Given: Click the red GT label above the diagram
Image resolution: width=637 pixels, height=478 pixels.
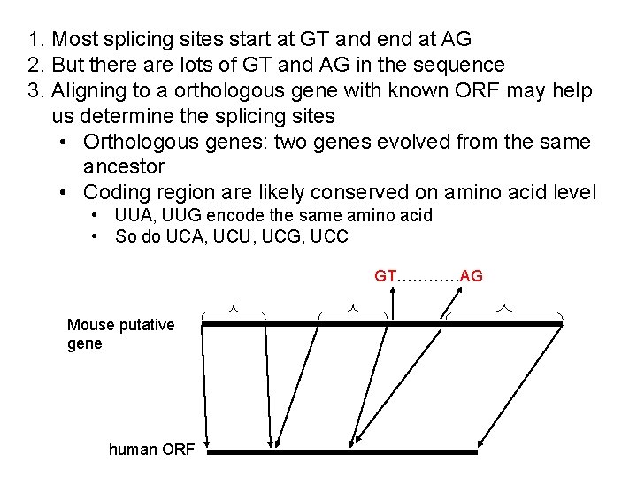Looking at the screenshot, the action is (x=386, y=276).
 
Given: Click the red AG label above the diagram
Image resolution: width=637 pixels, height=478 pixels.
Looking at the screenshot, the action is (x=472, y=276).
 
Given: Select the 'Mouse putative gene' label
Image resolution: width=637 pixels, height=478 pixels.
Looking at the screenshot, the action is (x=120, y=334).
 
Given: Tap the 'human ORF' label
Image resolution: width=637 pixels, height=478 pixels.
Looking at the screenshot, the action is (x=151, y=450).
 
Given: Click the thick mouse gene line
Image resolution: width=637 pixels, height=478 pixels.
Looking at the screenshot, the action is (x=381, y=324).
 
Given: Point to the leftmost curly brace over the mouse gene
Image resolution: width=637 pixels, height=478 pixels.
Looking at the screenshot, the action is (x=234, y=311).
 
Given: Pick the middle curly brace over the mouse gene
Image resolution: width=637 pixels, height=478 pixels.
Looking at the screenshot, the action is (x=352, y=311).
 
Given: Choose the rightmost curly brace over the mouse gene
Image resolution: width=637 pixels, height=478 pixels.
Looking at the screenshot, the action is (x=504, y=311).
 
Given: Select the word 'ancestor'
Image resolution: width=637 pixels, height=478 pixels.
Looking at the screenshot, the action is (x=124, y=166).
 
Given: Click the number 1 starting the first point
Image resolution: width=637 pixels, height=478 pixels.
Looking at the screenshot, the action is (x=34, y=39).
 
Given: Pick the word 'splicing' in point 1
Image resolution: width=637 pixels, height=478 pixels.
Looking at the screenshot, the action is (x=136, y=40).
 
